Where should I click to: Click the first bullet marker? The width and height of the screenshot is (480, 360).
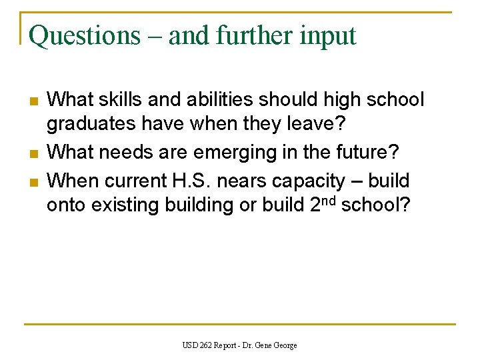coord(33,101)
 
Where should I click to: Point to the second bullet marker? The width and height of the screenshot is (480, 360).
coord(33,153)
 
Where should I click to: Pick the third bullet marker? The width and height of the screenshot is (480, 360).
coord(33,181)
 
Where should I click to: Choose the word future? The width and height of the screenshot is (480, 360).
coord(366,153)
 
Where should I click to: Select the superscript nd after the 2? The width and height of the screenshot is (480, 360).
coord(331,200)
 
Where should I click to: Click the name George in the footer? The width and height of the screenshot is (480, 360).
coord(285,345)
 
